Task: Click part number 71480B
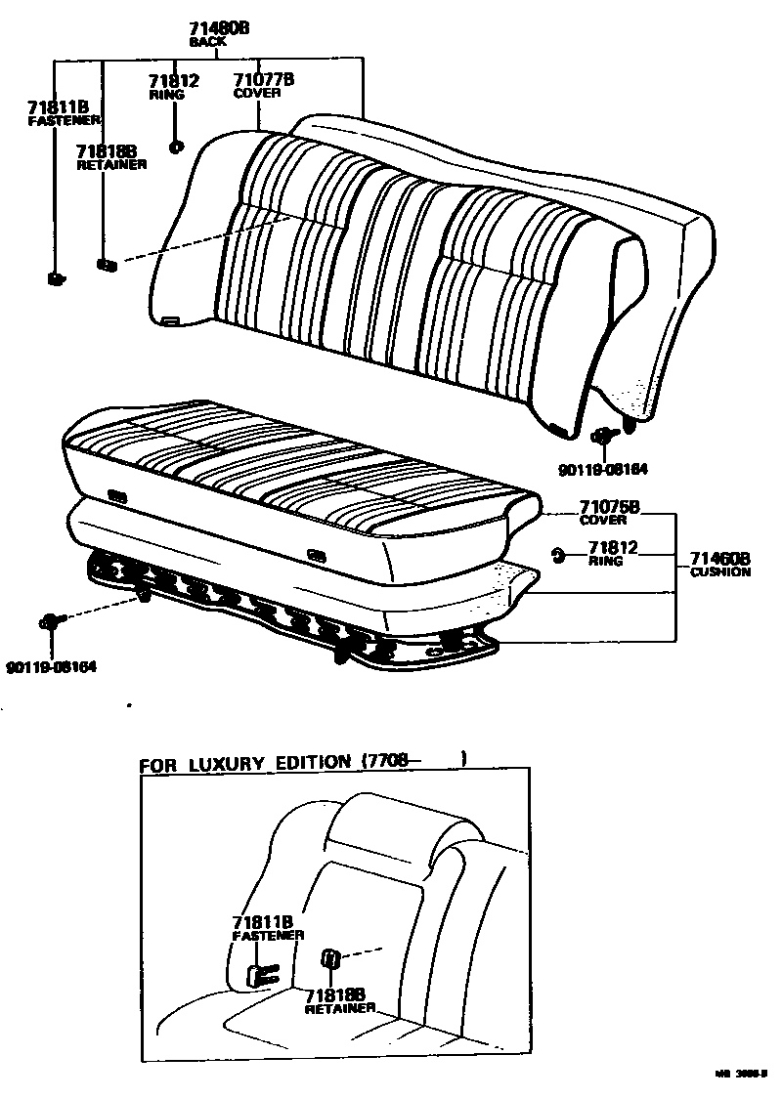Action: [220, 29]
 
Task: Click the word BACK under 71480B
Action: [208, 43]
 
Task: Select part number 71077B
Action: [264, 79]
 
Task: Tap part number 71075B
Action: [609, 507]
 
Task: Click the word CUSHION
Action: [720, 572]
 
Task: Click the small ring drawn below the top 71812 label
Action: [176, 148]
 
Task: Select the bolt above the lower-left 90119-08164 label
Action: [50, 621]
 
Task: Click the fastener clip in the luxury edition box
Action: [260, 973]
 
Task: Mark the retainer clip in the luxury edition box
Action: [330, 958]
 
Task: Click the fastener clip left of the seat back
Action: [56, 279]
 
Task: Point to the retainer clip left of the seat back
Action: [106, 264]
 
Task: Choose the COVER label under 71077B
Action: [257, 93]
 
